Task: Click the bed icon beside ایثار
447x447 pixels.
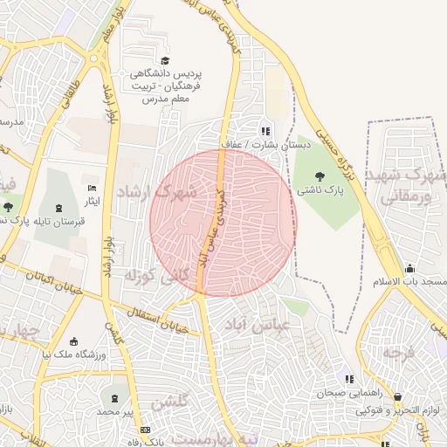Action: pyautogui.click(x=92, y=189)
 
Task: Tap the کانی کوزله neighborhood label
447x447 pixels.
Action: pyautogui.click(x=144, y=279)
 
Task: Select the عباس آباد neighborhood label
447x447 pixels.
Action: pyautogui.click(x=276, y=327)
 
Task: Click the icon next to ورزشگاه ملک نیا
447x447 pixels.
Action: pyautogui.click(x=73, y=340)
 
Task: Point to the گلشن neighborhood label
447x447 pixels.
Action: pyautogui.click(x=171, y=403)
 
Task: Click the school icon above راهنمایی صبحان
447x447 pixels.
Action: pyautogui.click(x=349, y=380)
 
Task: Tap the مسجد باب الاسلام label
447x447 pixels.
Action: pyautogui.click(x=410, y=282)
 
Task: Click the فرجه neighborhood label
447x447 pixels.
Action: pyautogui.click(x=397, y=354)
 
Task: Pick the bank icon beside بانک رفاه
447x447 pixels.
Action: pyautogui.click(x=145, y=430)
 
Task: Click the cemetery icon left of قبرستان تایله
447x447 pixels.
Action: pyautogui.click(x=58, y=208)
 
